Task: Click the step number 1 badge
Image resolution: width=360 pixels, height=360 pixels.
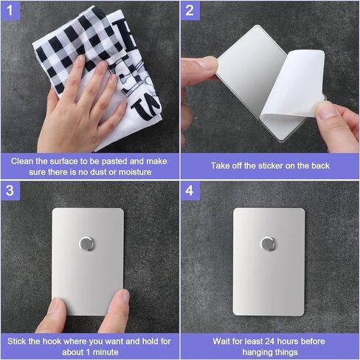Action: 10,11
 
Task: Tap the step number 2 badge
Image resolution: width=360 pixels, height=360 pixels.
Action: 190,11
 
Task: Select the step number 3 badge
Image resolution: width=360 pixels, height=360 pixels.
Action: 10,191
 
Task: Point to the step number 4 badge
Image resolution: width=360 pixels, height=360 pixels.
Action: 190,191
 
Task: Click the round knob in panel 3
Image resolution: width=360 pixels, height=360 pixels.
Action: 86,243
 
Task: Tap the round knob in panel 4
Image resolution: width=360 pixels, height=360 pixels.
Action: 268,244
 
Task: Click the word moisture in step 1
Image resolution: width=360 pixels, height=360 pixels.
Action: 135,172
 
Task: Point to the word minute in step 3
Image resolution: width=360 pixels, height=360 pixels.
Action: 105,352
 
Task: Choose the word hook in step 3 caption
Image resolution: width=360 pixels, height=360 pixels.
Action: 52,342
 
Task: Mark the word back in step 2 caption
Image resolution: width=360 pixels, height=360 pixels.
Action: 320,166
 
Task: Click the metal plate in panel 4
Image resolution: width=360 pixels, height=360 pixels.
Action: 269,262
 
